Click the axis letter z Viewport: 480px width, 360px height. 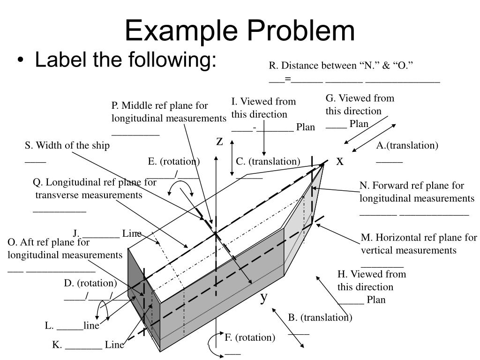[x=219, y=141]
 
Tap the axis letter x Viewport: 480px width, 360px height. [x=340, y=161]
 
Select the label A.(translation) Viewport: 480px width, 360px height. [x=407, y=145]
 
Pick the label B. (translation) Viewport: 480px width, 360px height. [x=320, y=317]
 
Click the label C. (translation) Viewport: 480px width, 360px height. [x=268, y=161]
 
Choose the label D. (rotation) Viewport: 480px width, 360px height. [x=90, y=283]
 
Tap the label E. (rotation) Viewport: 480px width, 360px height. [x=174, y=161]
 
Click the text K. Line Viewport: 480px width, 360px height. [x=88, y=345]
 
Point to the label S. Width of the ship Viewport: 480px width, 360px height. [x=67, y=145]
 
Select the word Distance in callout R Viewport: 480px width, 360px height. [x=299, y=65]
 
